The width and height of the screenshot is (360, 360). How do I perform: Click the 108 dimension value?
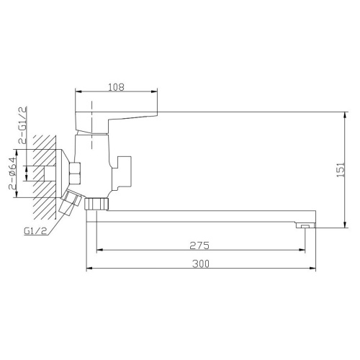[117, 87]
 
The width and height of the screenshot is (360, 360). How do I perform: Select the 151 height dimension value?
[341, 170]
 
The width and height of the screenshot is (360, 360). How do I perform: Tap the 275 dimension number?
[199, 246]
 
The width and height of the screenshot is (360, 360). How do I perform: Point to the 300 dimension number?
[201, 264]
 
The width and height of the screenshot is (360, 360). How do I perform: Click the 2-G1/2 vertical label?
[23, 125]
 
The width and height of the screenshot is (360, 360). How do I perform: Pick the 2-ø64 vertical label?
[13, 174]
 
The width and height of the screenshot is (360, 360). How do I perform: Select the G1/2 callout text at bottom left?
[35, 231]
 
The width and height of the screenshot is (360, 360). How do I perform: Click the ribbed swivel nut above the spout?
[96, 204]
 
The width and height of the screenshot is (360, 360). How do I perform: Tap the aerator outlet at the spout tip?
[305, 225]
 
